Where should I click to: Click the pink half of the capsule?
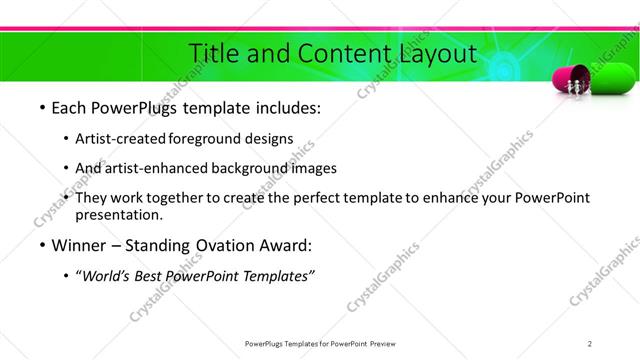click(568, 81)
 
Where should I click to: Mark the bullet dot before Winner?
click(42, 245)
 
